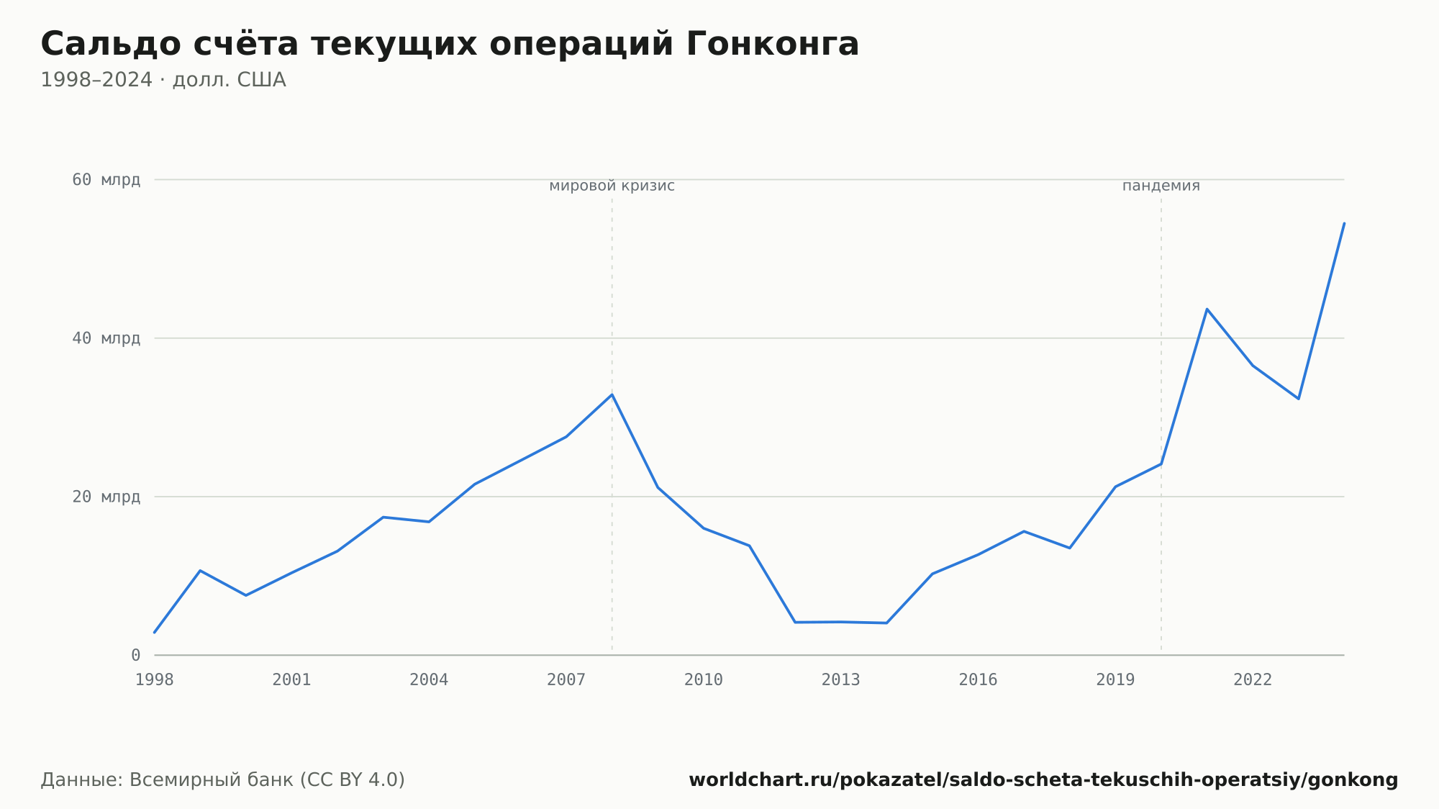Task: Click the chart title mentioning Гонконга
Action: pyautogui.click(x=450, y=45)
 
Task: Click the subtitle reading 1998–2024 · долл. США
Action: pyautogui.click(x=163, y=80)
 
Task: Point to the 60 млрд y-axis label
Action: pyautogui.click(x=106, y=180)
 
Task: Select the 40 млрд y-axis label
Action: pyautogui.click(x=106, y=338)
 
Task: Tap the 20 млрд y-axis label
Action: pyautogui.click(x=106, y=497)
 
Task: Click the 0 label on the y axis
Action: pyautogui.click(x=135, y=655)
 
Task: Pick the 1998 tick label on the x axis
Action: pyautogui.click(x=155, y=680)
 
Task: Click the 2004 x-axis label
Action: pyautogui.click(x=429, y=680)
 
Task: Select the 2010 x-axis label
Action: pyautogui.click(x=704, y=680)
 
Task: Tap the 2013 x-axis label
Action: pyautogui.click(x=841, y=680)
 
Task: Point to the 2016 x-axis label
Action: pyautogui.click(x=979, y=680)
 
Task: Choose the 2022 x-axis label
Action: pyautogui.click(x=1253, y=680)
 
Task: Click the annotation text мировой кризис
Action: pyautogui.click(x=612, y=186)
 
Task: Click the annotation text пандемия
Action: pyautogui.click(x=1161, y=186)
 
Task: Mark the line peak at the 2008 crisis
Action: pyautogui.click(x=612, y=394)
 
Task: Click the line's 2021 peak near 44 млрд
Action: pyautogui.click(x=1207, y=309)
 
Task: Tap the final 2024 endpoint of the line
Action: pyautogui.click(x=1344, y=223)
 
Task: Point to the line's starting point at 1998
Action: pyautogui.click(x=155, y=633)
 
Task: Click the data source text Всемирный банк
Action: pyautogui.click(x=211, y=779)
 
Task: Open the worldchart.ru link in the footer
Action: pyautogui.click(x=1043, y=780)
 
